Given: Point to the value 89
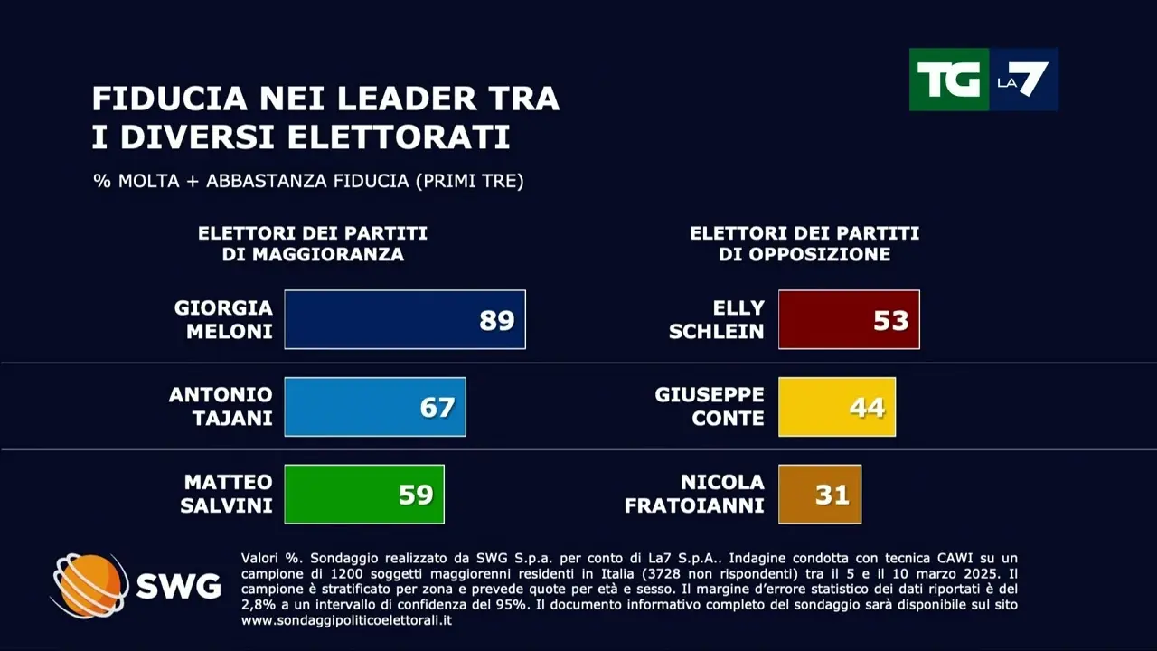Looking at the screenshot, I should tap(496, 320).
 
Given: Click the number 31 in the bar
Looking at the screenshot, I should tap(832, 495).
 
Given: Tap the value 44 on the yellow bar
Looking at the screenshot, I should tap(866, 408).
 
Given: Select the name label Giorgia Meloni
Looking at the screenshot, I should tap(223, 319).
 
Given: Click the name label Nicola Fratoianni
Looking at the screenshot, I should tap(694, 494).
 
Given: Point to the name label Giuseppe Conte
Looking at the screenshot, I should tap(710, 407).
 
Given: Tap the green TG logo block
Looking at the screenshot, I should tap(948, 80).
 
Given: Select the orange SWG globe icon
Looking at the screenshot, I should tap(89, 585).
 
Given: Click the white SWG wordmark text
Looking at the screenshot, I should tap(178, 587).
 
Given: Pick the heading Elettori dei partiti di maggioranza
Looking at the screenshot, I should tap(313, 244).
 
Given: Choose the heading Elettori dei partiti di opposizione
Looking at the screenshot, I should tap(804, 244).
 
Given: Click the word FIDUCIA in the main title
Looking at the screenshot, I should tap(164, 99).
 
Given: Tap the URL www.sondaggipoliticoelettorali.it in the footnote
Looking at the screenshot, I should tap(346, 620).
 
